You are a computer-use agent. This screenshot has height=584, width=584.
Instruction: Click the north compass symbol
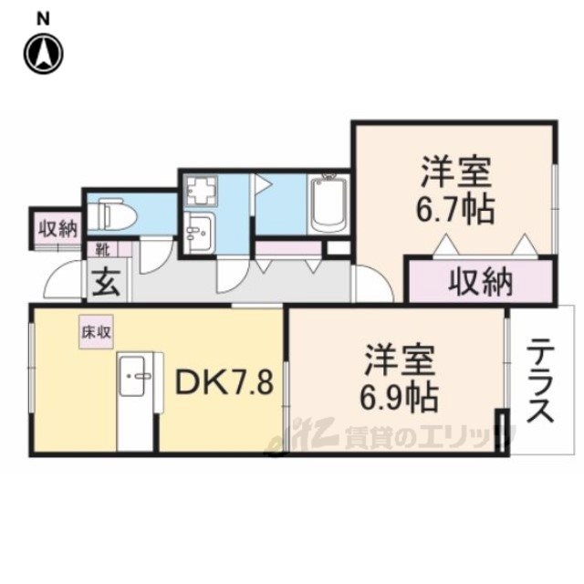click(44, 52)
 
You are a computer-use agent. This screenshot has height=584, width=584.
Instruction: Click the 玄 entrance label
click(101, 281)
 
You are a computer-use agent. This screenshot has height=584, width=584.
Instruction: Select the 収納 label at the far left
click(57, 227)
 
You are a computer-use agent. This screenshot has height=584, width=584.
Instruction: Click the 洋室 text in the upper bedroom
click(456, 173)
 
